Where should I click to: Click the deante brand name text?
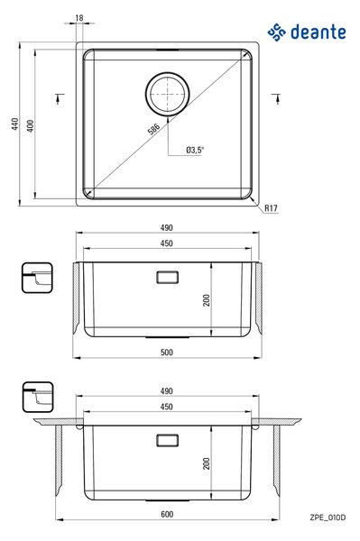click(318, 32)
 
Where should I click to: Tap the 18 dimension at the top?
click(79, 18)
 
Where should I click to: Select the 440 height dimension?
click(14, 124)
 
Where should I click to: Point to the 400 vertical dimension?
click(31, 126)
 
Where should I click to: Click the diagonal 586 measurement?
click(153, 129)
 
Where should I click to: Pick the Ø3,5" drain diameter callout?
click(195, 150)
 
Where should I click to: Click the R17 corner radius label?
click(271, 208)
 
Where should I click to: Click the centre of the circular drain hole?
click(168, 94)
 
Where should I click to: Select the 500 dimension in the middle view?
click(167, 353)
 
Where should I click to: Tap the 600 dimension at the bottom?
click(167, 515)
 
